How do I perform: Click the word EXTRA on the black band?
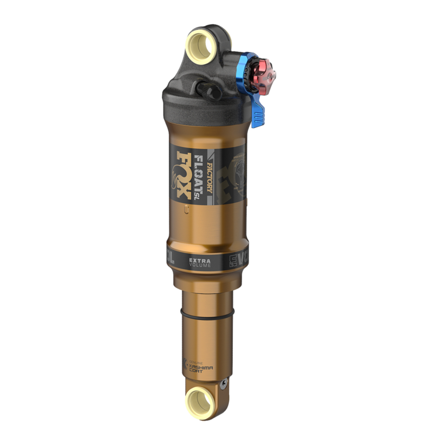200,260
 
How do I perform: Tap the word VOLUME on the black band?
200,265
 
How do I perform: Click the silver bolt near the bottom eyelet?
223,384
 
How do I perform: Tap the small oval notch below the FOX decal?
187,209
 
